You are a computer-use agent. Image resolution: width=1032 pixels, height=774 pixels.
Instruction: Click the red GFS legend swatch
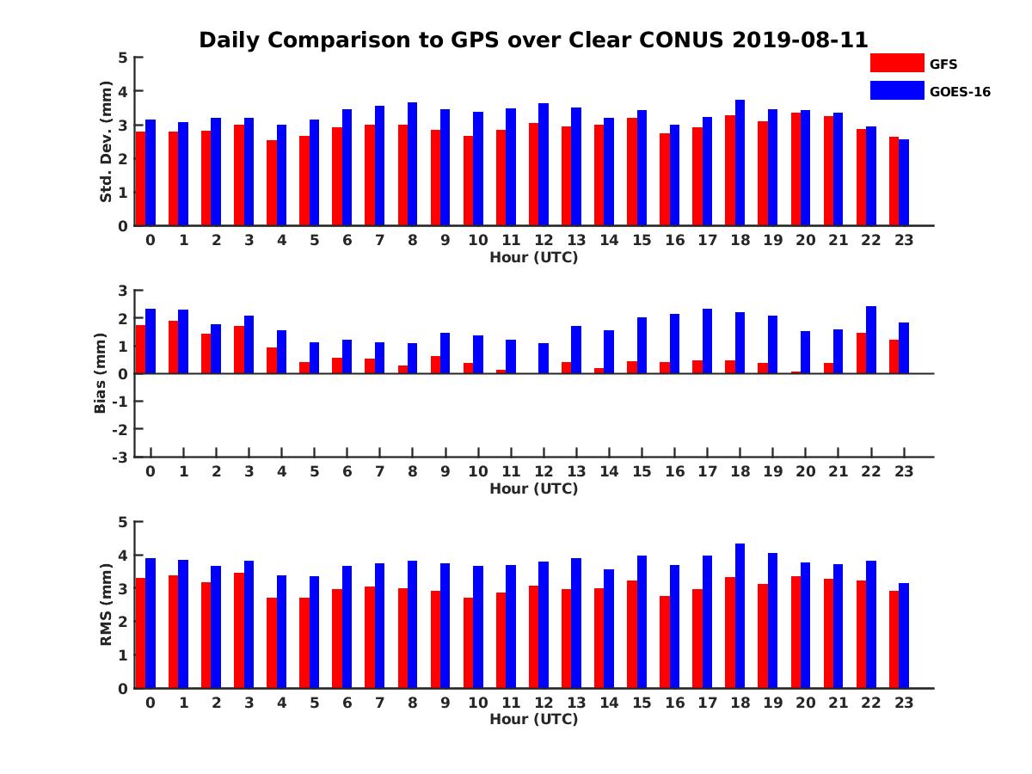coord(897,63)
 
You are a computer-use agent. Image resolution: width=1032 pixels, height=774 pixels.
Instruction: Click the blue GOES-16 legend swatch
coord(897,90)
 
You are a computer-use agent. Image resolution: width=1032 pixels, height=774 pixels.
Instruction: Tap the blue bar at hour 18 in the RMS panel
coord(740,616)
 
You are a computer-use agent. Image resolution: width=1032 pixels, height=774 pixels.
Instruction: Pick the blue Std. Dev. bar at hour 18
coord(740,163)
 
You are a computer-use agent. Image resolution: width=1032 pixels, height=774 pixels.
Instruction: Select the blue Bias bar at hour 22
coord(871,340)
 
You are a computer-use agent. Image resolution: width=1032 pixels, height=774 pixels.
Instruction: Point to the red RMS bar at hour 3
coord(238,630)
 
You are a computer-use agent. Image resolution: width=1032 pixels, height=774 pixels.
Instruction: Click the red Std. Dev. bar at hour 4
coord(272,182)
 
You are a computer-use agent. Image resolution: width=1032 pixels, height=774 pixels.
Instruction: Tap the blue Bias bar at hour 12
coord(544,358)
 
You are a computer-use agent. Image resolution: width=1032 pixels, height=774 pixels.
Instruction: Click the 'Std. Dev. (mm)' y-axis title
coord(107,141)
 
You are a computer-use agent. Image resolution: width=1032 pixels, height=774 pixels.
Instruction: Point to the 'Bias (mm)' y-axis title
coord(101,372)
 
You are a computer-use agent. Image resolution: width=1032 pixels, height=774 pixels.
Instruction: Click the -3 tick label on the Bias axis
coord(120,457)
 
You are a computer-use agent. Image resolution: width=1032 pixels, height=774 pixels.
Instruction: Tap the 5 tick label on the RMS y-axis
coord(123,522)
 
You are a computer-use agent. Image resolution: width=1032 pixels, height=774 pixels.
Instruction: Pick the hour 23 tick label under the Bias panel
coord(904,471)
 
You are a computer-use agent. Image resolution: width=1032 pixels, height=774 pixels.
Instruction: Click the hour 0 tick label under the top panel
coord(150,240)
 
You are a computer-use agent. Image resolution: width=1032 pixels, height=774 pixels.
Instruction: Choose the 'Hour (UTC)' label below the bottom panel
coord(533,719)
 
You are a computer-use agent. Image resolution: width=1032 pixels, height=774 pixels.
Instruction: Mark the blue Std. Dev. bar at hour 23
coord(904,182)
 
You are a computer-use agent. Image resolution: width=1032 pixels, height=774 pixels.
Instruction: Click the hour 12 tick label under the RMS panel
coord(544,702)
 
